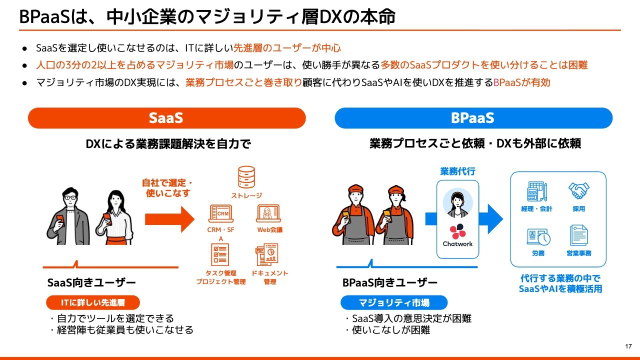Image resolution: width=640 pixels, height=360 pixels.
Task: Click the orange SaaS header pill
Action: click(x=167, y=118)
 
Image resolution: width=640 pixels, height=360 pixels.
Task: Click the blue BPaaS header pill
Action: click(x=473, y=118)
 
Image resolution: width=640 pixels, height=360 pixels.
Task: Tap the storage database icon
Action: click(x=246, y=177)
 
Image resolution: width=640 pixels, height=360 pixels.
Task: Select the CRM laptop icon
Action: click(x=221, y=213)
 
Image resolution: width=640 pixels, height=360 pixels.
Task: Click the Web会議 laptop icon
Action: click(x=268, y=213)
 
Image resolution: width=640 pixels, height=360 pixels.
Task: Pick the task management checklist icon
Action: click(x=219, y=254)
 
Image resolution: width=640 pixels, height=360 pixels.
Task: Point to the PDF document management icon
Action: click(x=267, y=254)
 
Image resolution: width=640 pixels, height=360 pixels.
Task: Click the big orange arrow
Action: click(x=169, y=219)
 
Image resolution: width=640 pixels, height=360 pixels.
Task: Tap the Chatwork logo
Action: click(x=457, y=235)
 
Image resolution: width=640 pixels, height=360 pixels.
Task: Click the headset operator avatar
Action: click(x=457, y=203)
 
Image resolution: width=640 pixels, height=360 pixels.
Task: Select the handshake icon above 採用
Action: click(x=578, y=190)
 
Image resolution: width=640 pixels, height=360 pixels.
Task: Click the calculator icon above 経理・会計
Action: click(x=537, y=191)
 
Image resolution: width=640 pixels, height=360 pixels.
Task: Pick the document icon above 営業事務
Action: click(x=578, y=235)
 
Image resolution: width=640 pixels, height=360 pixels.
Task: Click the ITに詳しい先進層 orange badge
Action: click(x=93, y=302)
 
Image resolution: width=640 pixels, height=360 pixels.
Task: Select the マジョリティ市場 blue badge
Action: click(x=394, y=302)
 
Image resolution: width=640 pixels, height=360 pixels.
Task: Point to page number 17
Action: click(x=628, y=346)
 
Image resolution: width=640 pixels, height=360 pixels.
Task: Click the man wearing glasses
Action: click(x=68, y=216)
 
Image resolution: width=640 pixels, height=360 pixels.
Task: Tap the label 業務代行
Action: click(x=457, y=171)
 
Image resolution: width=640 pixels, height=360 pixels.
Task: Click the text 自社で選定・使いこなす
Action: click(x=167, y=188)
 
